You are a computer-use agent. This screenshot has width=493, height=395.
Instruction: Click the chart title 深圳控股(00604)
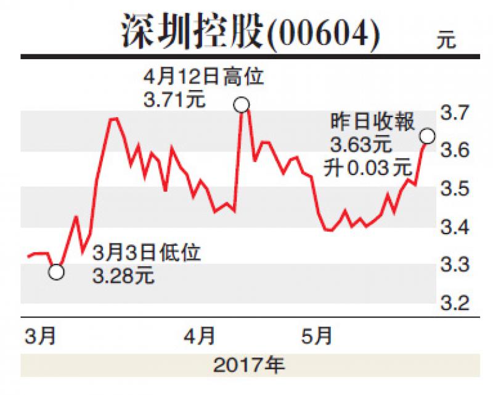(x=251, y=32)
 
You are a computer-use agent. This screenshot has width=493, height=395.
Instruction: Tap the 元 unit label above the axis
(x=446, y=39)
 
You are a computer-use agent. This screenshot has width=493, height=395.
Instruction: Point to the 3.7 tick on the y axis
(x=455, y=112)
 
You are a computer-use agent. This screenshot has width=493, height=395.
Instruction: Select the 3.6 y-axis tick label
(x=455, y=149)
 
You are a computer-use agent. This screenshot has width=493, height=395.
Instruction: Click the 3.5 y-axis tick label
(x=455, y=189)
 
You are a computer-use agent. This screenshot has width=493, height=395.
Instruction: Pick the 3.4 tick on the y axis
(x=455, y=227)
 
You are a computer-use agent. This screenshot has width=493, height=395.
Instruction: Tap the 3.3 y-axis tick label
(x=455, y=264)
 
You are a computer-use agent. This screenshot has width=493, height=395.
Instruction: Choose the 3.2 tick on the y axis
(x=455, y=303)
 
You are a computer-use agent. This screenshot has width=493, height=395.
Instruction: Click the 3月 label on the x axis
(x=40, y=336)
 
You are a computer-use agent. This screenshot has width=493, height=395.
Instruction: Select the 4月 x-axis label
(x=199, y=336)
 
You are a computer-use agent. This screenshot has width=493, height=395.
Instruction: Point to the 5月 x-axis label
(x=317, y=336)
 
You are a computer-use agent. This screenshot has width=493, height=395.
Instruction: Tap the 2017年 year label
(x=249, y=365)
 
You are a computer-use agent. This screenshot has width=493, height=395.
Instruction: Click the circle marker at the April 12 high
(x=242, y=104)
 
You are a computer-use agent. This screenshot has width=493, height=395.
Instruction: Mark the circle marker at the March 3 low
(x=56, y=272)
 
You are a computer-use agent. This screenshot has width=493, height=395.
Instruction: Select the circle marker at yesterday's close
(x=428, y=136)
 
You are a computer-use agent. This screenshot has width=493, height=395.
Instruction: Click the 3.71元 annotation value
(x=174, y=99)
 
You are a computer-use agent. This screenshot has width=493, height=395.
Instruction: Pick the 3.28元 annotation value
(x=123, y=276)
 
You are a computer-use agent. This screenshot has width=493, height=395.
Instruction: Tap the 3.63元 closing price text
(x=361, y=145)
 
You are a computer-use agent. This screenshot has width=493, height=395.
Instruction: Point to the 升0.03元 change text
(x=368, y=168)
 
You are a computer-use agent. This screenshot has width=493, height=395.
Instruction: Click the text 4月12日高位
(x=204, y=77)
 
